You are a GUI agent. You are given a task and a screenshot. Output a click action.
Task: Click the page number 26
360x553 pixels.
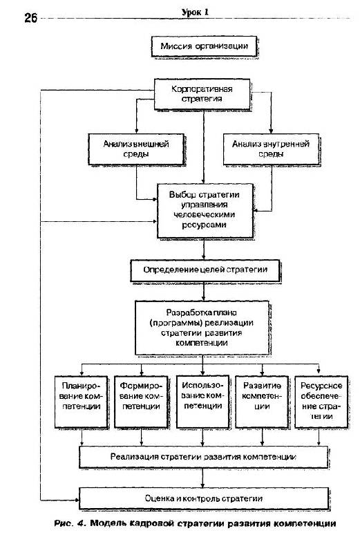point(30,18)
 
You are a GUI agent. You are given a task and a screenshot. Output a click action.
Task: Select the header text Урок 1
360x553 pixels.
point(195,12)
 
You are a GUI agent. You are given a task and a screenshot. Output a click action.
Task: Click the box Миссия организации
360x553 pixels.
point(204,46)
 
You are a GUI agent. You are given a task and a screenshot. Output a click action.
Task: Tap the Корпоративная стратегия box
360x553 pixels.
point(202,94)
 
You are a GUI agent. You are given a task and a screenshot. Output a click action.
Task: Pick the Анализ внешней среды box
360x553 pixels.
point(136,149)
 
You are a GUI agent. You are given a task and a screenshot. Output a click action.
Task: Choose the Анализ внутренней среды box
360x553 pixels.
point(271,149)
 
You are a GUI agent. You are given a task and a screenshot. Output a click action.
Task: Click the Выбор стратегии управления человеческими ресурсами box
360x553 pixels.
point(205,211)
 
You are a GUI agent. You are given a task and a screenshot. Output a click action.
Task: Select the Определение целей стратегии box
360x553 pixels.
point(205,270)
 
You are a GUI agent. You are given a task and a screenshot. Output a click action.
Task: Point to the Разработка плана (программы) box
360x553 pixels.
point(202,328)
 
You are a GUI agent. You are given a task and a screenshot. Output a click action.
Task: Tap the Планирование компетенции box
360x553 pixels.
point(81,402)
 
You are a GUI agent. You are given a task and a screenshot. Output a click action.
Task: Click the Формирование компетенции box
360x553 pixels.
point(141,402)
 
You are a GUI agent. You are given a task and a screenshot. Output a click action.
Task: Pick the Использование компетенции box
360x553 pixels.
point(202,402)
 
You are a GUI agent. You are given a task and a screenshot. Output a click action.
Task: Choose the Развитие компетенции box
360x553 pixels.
point(262,402)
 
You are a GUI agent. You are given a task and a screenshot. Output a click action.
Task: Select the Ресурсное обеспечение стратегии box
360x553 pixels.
point(321,402)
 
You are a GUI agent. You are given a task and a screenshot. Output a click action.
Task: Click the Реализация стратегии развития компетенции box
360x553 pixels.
point(203,457)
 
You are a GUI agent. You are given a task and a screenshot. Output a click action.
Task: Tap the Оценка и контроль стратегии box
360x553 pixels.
point(203,498)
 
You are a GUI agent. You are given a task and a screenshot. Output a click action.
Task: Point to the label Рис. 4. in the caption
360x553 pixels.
point(70,524)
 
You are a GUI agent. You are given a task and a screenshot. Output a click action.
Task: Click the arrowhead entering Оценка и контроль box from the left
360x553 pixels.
point(77,500)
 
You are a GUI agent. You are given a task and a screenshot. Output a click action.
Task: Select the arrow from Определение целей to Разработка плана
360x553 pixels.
point(203,291)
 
